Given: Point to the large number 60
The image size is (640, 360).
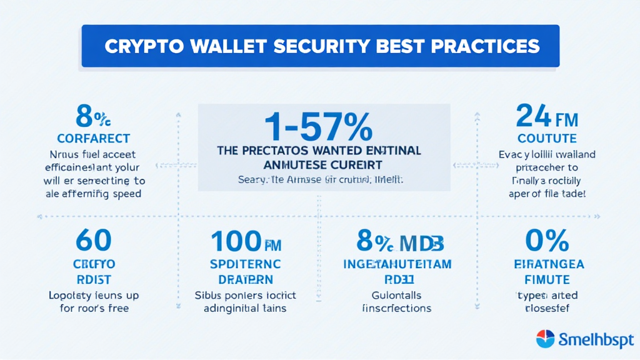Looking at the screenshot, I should tap(93, 239).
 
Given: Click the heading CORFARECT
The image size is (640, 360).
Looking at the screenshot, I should tap(93, 137).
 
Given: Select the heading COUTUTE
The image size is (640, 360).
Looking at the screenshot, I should tap(547, 137).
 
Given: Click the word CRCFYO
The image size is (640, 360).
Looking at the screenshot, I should tap(93, 264).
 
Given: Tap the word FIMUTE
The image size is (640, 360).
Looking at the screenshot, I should tap(547, 279).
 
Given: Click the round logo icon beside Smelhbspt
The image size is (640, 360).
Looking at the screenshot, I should tap(546, 339).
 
